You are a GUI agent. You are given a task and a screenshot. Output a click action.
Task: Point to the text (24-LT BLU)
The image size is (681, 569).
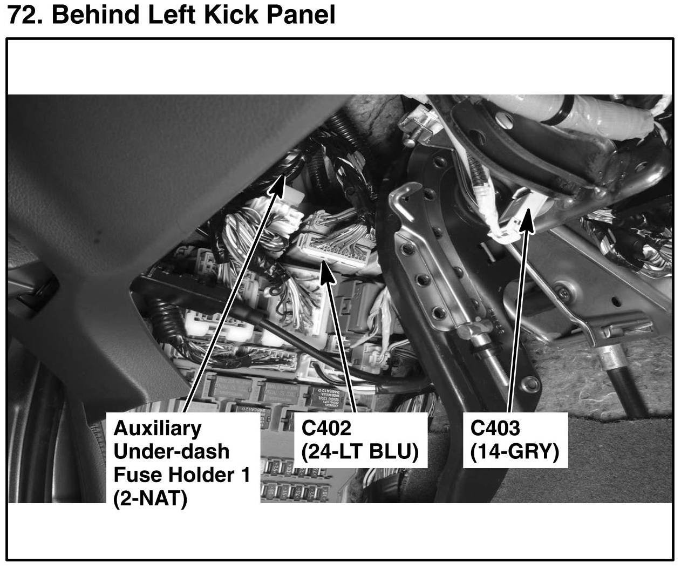click(x=360, y=452)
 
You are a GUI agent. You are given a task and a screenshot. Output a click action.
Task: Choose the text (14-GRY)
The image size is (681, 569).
click(x=515, y=452)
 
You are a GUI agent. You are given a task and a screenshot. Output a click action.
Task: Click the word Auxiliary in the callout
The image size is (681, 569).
click(x=157, y=429)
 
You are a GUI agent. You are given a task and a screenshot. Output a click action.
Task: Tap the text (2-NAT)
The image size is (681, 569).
click(x=151, y=498)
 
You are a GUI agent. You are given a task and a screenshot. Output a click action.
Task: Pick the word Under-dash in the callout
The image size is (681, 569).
click(x=172, y=451)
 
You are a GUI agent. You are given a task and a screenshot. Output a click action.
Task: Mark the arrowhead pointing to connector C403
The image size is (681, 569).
click(x=526, y=220)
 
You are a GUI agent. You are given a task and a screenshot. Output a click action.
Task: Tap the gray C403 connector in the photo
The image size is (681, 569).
click(x=519, y=209)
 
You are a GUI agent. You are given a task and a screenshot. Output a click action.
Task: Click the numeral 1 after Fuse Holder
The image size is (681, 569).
click(x=246, y=475)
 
